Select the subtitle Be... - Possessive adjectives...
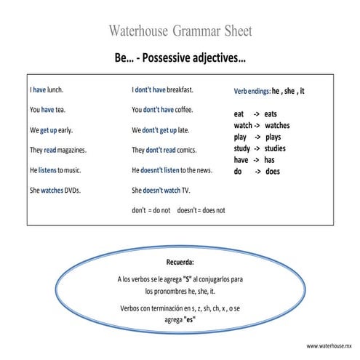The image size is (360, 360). pyautogui.click(x=180, y=57)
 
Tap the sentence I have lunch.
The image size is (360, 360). pyautogui.click(x=47, y=90)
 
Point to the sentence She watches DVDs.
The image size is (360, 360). pyautogui.click(x=55, y=191)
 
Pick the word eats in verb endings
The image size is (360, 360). pyautogui.click(x=271, y=114)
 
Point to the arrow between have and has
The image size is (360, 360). pyautogui.click(x=256, y=160)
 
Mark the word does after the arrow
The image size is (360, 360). pyautogui.click(x=272, y=172)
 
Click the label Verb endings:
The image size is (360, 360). pyautogui.click(x=252, y=92)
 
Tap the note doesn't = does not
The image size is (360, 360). pyautogui.click(x=201, y=210)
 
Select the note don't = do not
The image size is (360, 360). pyautogui.click(x=151, y=210)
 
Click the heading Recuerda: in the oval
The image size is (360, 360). pyautogui.click(x=180, y=260)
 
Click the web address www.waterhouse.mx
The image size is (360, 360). pyautogui.click(x=329, y=346)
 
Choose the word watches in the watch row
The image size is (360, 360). pyautogui.click(x=277, y=126)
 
